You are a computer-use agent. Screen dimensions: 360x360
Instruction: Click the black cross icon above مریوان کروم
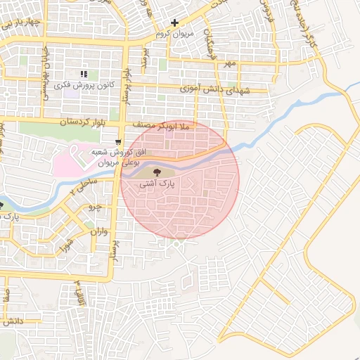point(175,23)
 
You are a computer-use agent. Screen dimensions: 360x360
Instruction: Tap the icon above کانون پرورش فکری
point(84,74)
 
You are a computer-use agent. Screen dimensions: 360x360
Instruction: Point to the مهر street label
point(227,63)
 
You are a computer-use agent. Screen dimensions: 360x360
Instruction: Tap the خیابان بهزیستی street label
point(41,67)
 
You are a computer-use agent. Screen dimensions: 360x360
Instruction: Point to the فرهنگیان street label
point(209,44)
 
